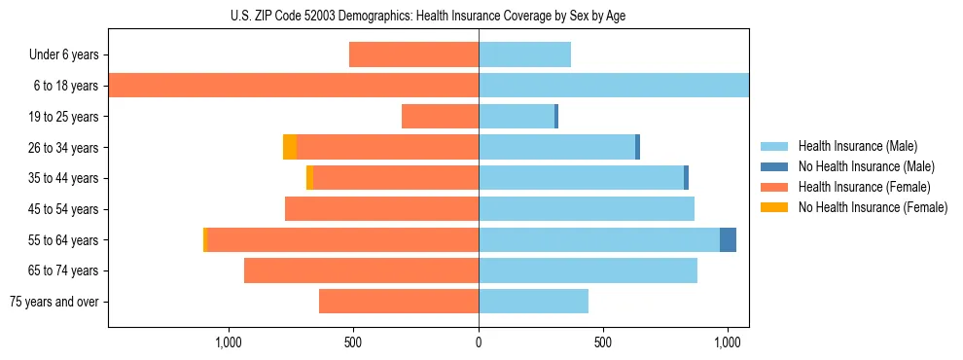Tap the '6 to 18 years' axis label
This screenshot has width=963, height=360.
pyautogui.click(x=66, y=86)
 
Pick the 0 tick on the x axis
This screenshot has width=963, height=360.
pyautogui.click(x=479, y=342)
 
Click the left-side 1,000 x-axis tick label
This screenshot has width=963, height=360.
pyautogui.click(x=228, y=342)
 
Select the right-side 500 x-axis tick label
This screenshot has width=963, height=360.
pyautogui.click(x=603, y=342)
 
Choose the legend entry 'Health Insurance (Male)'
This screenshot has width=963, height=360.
pyautogui.click(x=857, y=146)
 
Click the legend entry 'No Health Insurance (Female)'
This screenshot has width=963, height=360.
pyautogui.click(x=873, y=207)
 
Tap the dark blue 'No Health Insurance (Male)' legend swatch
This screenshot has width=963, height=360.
pyautogui.click(x=774, y=166)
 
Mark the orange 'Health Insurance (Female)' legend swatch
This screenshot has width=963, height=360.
pyautogui.click(x=774, y=187)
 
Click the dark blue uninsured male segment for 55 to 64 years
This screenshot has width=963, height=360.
pyautogui.click(x=728, y=240)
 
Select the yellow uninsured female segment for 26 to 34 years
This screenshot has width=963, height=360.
pyautogui.click(x=290, y=147)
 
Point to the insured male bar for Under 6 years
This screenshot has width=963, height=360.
pyautogui.click(x=524, y=54)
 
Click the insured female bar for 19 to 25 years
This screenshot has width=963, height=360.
pyautogui.click(x=440, y=117)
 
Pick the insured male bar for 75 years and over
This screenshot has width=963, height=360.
pyautogui.click(x=533, y=302)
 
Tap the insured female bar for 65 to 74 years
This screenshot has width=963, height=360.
pyautogui.click(x=361, y=270)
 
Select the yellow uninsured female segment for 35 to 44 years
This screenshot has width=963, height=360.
pyautogui.click(x=309, y=178)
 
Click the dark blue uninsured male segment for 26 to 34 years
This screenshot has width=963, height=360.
pyautogui.click(x=637, y=147)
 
